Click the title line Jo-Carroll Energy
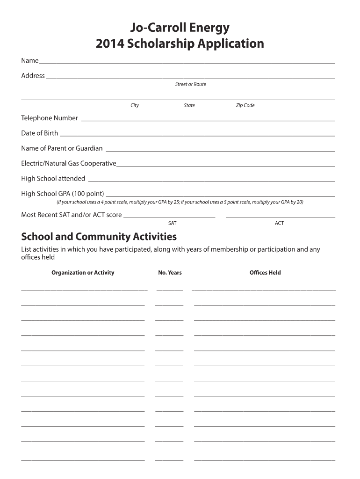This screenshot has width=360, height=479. coord(180,28)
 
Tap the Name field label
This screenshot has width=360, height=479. coord(29,61)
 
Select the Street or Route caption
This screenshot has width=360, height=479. coord(190,84)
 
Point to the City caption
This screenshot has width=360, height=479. coord(135,105)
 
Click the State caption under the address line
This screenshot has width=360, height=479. coord(189,105)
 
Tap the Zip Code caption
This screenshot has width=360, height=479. coord(245,105)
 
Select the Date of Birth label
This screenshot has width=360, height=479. coord(40,133)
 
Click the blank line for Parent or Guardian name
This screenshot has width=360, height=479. coord(221,150)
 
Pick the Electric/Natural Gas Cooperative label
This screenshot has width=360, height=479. coord(69,163)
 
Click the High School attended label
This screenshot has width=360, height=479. coord(53,178)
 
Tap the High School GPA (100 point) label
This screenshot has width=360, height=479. coord(63,193)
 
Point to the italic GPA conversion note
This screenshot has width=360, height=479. coord(180,202)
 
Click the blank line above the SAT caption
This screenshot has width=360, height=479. coord(170,217)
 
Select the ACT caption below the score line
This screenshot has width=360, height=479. coord(279,223)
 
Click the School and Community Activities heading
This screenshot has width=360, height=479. coord(99,236)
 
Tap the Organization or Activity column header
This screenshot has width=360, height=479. coord(83,273)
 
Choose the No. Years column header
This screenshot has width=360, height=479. coord(170,273)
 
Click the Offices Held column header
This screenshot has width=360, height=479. coord(265,273)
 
